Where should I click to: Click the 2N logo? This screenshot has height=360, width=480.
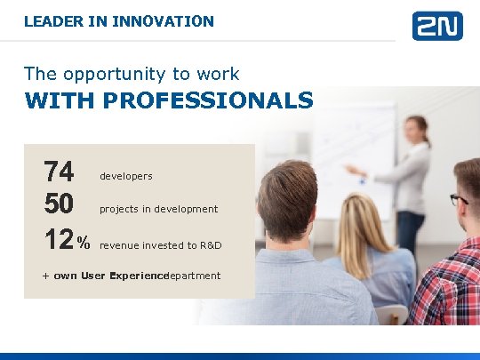(x=436, y=25)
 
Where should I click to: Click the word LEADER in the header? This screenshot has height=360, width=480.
(x=50, y=20)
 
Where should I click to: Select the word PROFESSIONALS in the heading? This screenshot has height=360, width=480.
(x=208, y=100)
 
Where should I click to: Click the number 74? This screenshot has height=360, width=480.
(x=59, y=172)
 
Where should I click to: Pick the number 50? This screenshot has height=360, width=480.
(x=59, y=204)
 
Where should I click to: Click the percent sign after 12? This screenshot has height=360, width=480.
(x=84, y=242)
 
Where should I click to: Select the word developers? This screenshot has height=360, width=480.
(x=125, y=177)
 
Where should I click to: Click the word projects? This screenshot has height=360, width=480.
(x=118, y=210)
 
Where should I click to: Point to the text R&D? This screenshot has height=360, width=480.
(x=210, y=245)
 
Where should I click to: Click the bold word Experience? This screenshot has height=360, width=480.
(x=139, y=276)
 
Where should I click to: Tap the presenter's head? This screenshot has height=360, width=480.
(x=417, y=131)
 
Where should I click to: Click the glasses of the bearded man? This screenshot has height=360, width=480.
(x=459, y=199)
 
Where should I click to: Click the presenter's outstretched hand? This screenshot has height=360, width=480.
(x=350, y=168)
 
